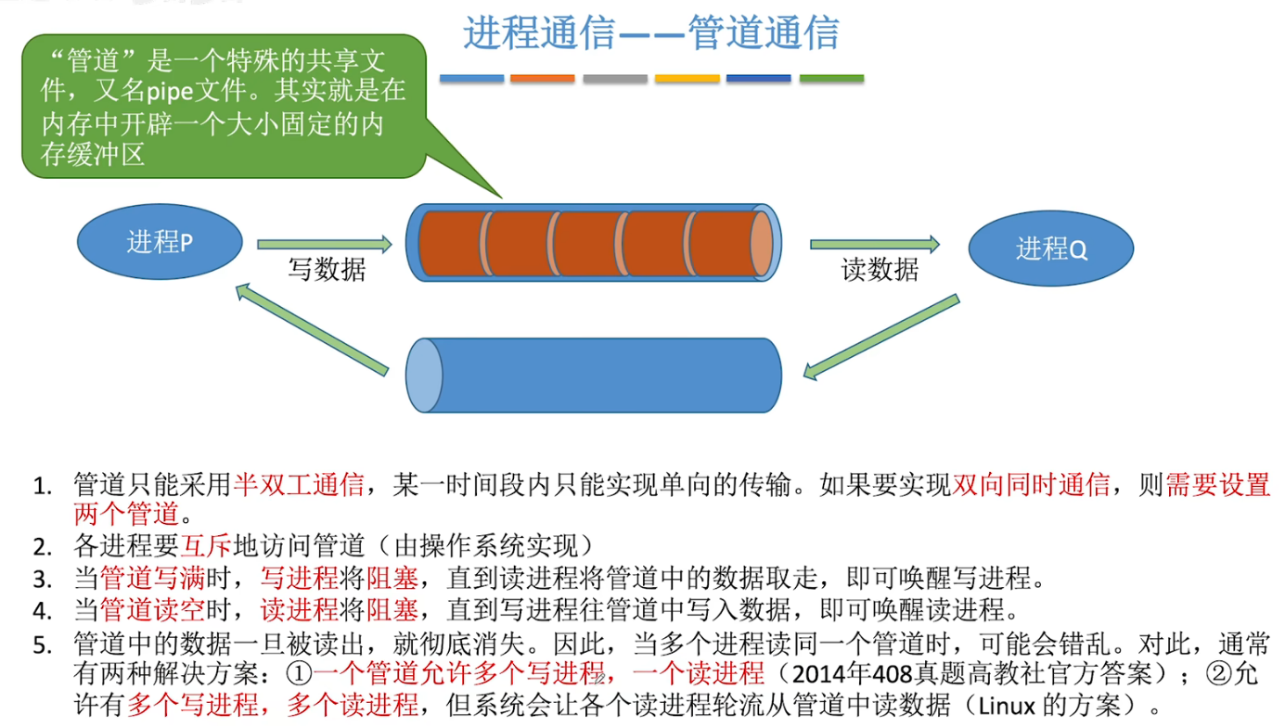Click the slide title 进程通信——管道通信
point(651,33)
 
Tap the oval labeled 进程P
point(160,243)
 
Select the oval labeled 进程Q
point(1051,249)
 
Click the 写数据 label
point(327,270)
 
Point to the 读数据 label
point(880,270)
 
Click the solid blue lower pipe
point(594,375)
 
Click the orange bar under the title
point(543,79)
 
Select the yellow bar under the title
point(687,79)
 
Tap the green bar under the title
point(831,79)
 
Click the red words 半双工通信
point(298,484)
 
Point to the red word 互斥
point(206,546)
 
